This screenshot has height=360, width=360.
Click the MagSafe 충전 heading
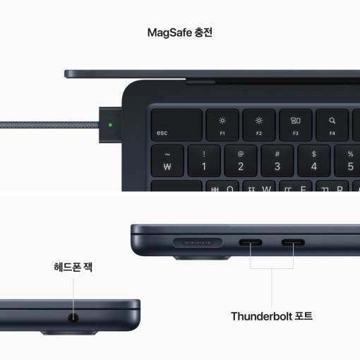[179, 32]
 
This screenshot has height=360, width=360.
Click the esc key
[176, 124]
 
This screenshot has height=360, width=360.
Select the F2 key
[259, 124]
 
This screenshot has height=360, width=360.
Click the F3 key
[296, 124]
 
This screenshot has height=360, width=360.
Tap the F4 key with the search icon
[332, 124]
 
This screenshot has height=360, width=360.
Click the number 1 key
[204, 161]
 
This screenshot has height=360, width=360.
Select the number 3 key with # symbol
[277, 161]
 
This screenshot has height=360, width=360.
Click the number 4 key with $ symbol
[314, 161]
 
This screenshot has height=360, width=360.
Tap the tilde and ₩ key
[167, 161]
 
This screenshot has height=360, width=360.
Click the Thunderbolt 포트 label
[272, 316]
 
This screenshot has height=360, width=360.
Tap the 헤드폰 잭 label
[73, 268]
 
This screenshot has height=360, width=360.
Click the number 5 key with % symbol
[349, 161]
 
